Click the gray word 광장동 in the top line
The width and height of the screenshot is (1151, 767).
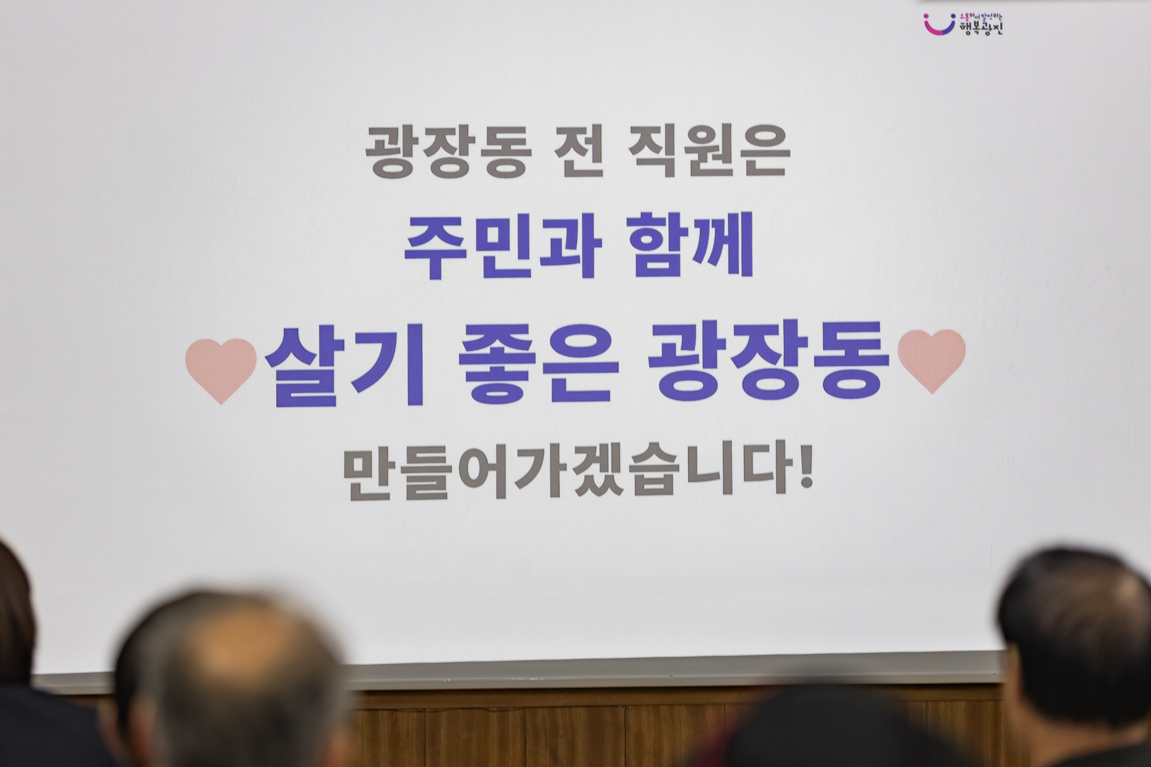tap(448, 153)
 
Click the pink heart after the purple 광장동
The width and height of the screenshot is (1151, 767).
tap(931, 359)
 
